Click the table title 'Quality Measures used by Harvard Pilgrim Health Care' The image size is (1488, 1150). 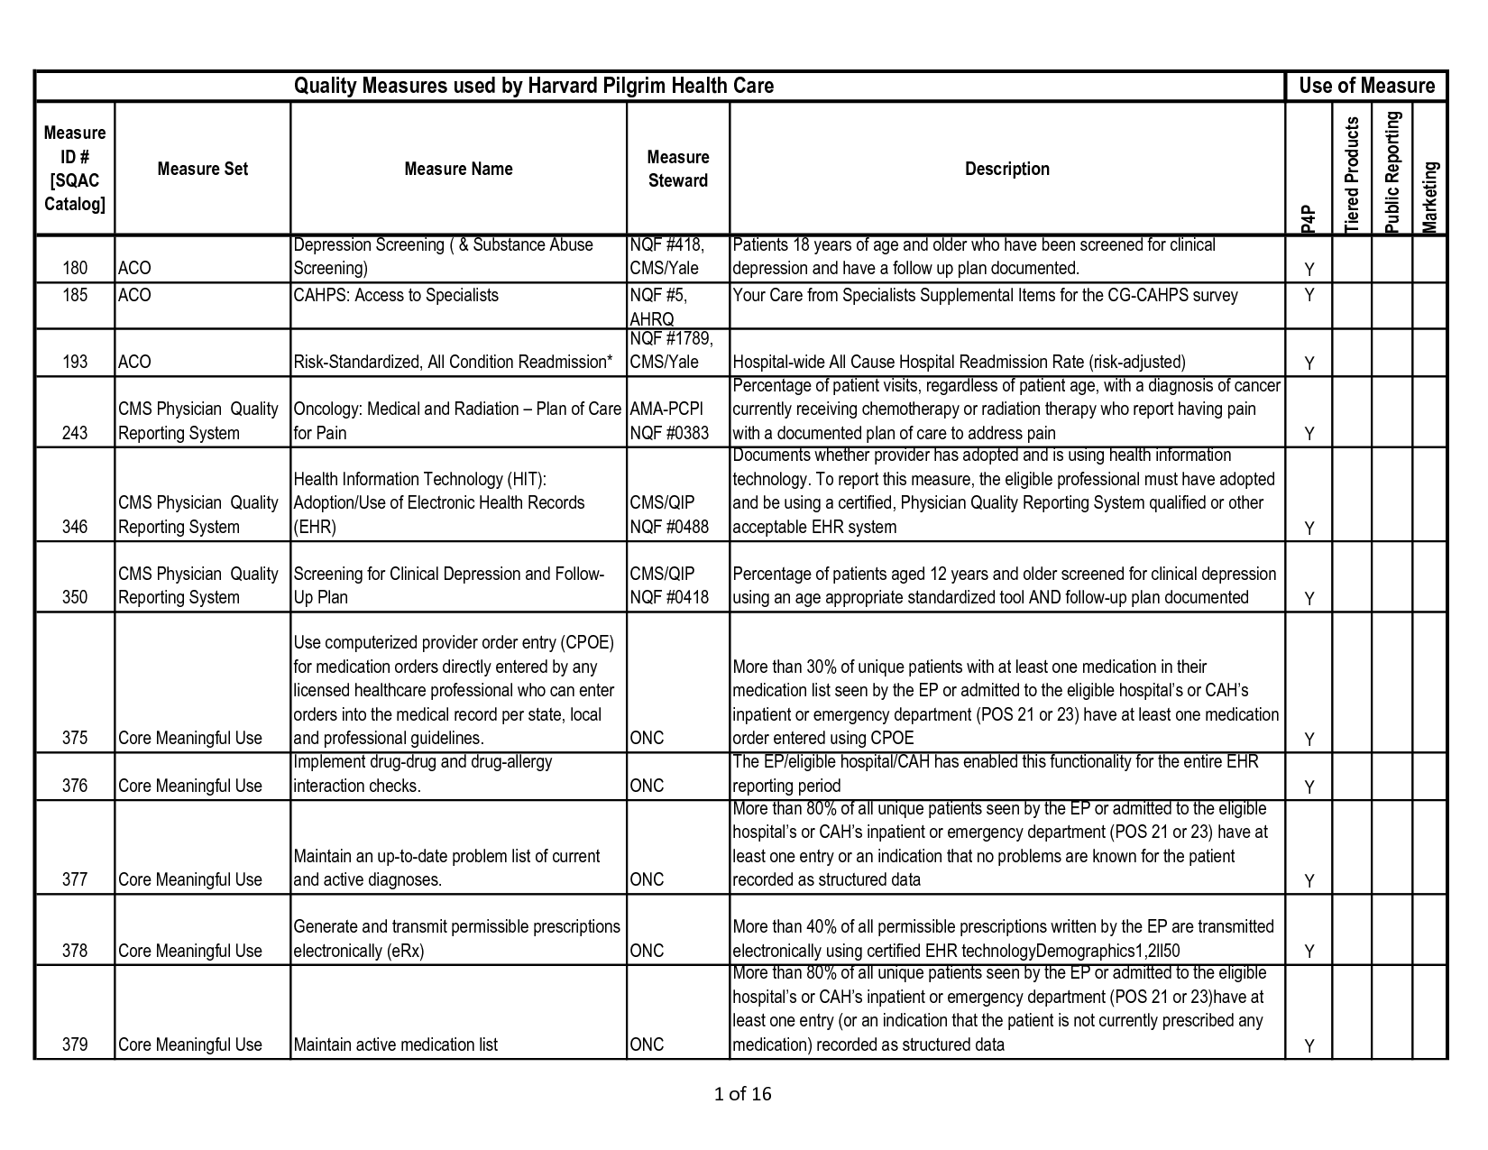(x=534, y=86)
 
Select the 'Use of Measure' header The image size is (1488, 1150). (x=1366, y=86)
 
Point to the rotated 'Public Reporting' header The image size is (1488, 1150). (x=1392, y=171)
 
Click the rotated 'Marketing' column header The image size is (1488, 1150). (x=1430, y=197)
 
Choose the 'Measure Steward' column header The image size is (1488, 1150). (x=677, y=169)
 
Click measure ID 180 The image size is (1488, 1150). (x=75, y=268)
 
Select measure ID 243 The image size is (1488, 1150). (x=75, y=433)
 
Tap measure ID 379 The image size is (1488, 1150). (x=75, y=1044)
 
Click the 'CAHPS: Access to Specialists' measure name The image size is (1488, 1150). (x=396, y=296)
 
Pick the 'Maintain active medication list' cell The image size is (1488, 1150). (x=396, y=1044)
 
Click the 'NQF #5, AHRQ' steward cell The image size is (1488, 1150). (x=666, y=307)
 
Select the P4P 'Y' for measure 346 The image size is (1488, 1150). (x=1309, y=528)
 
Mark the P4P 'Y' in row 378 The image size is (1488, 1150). (x=1309, y=951)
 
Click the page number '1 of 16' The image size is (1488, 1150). (x=742, y=1094)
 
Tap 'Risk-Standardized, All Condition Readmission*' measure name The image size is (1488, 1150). (x=453, y=363)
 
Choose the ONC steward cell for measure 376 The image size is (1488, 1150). (x=647, y=786)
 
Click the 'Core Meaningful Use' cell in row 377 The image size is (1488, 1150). (x=190, y=879)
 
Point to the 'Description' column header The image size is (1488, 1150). (x=1006, y=169)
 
